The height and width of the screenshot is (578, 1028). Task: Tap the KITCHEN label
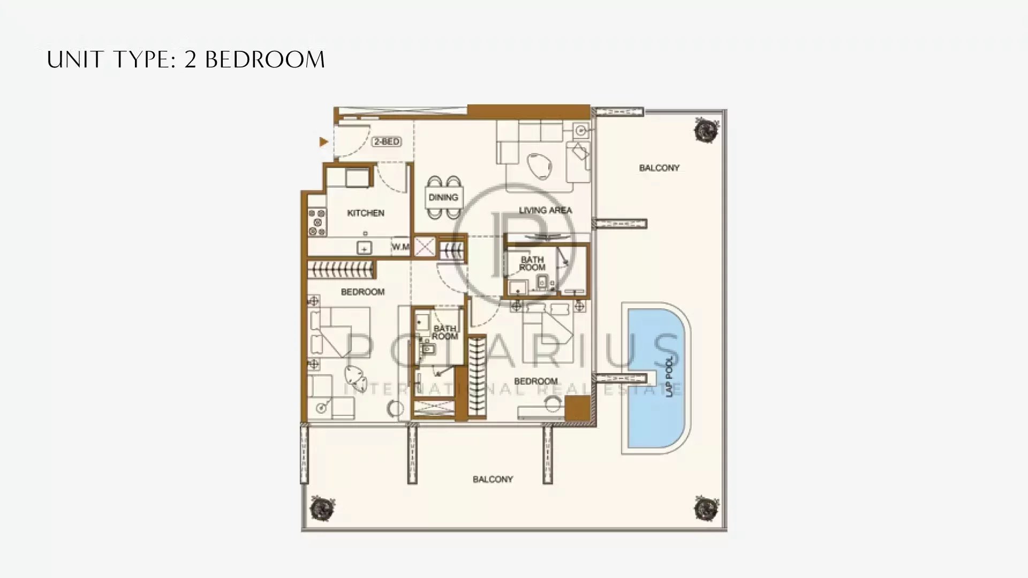(x=366, y=213)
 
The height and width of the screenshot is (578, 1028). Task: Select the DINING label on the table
(x=443, y=197)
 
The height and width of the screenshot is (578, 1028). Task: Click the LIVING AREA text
(x=545, y=210)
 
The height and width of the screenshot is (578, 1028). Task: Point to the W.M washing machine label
(x=400, y=247)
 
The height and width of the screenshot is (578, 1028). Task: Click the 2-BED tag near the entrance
(x=387, y=142)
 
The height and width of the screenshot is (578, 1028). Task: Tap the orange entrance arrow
(x=323, y=142)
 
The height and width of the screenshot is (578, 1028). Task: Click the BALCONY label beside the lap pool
(x=659, y=168)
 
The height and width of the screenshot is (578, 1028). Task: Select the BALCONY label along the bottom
(x=493, y=480)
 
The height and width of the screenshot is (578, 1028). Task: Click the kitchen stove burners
(x=316, y=222)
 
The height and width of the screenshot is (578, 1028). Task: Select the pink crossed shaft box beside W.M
(x=425, y=247)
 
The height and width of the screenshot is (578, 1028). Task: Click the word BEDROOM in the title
(x=265, y=60)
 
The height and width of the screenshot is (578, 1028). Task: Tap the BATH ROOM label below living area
(x=532, y=263)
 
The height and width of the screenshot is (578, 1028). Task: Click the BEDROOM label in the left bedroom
(x=362, y=292)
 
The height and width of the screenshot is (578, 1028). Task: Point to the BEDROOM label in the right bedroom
(x=536, y=382)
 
